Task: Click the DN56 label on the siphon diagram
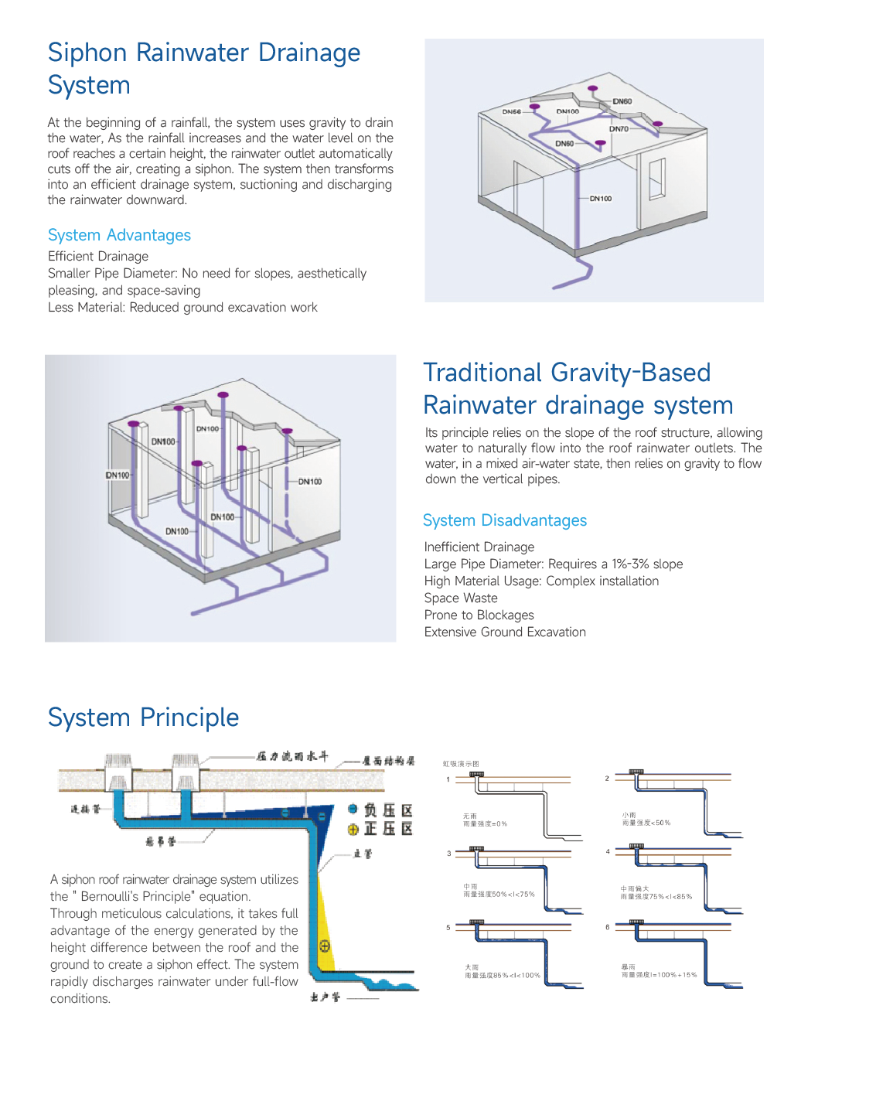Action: pos(511,112)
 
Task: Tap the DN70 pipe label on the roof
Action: pos(619,129)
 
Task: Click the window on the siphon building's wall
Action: pos(656,179)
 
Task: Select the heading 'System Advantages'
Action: pos(119,235)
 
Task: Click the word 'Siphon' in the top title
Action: pos(87,53)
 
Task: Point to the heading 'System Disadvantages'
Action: pos(504,520)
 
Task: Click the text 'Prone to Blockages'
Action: pos(479,615)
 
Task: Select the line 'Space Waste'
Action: pos(461,598)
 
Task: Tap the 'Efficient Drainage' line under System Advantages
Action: pos(98,257)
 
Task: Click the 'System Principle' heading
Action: pos(143,718)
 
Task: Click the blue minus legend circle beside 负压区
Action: pos(353,809)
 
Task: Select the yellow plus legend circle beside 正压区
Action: pos(353,829)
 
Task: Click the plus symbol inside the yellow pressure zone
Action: pos(325,946)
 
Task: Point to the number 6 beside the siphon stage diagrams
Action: pos(608,927)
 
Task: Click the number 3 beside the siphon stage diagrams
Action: pos(448,854)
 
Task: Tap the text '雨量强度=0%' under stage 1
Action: pos(485,824)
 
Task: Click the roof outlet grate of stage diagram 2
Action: pos(636,772)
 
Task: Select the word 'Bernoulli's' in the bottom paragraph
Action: pos(113,897)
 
